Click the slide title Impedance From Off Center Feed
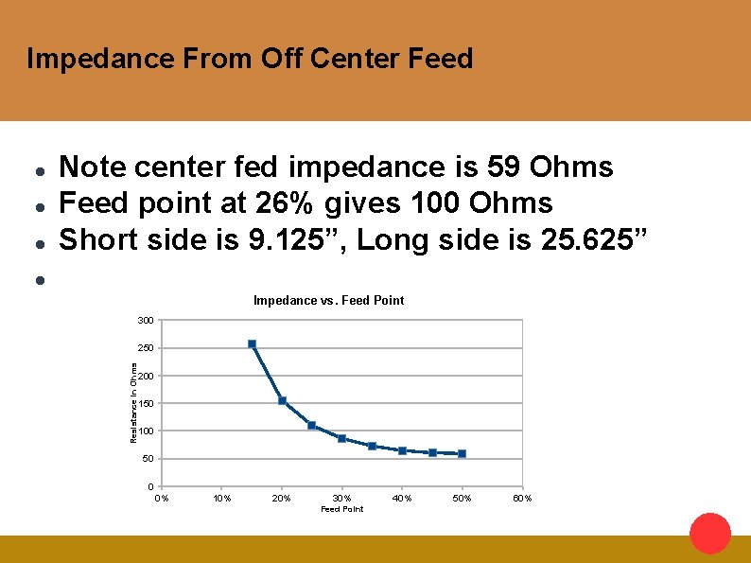tap(250, 59)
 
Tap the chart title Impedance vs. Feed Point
tap(328, 300)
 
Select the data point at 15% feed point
tap(252, 343)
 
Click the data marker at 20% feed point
tap(282, 400)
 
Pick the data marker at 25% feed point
tap(311, 426)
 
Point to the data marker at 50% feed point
tap(462, 454)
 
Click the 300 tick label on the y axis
tap(145, 321)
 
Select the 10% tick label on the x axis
tap(221, 498)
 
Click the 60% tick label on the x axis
tap(522, 498)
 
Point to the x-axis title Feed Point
tap(341, 509)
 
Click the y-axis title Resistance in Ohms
tap(133, 401)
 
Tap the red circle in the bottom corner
tap(710, 533)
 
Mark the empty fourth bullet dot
tap(39, 279)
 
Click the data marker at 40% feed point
tap(402, 450)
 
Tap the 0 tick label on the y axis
tap(150, 487)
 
